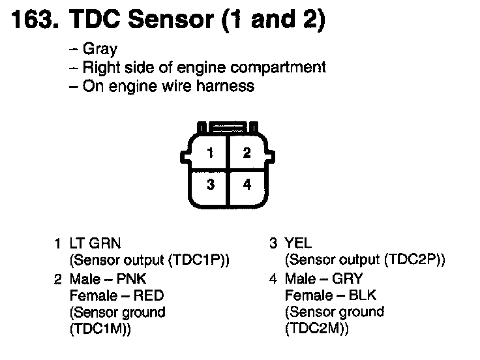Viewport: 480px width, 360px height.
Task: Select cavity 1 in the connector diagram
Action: [210, 153]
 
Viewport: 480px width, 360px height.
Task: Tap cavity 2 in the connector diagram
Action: [247, 153]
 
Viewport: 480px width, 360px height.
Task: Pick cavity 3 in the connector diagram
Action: [210, 185]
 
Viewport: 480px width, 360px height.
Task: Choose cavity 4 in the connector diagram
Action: [247, 185]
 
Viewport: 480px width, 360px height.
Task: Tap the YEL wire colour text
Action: [299, 244]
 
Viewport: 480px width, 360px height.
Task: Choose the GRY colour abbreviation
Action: [348, 279]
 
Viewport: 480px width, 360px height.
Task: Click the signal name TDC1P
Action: [196, 260]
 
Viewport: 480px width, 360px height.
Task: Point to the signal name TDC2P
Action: [412, 260]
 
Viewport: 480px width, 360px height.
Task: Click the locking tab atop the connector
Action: [228, 127]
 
